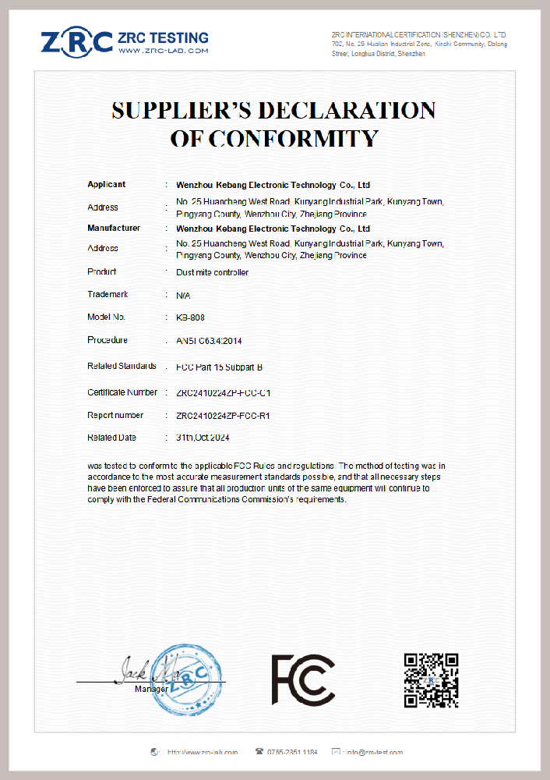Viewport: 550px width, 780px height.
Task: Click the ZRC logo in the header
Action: pos(77,41)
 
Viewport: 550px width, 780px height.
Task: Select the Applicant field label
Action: pos(107,185)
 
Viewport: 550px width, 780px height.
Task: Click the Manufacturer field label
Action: pos(114,229)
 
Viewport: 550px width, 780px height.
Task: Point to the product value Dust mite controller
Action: pos(213,272)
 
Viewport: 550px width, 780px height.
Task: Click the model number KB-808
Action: pos(190,317)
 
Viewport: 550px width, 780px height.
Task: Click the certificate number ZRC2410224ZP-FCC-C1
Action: pos(224,392)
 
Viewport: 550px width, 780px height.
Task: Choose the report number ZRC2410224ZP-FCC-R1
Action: pos(224,416)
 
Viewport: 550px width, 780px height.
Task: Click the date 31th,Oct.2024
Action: pos(203,438)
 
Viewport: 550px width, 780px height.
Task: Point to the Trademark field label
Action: pos(108,295)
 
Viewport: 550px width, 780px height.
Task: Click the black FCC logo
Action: pos(303,679)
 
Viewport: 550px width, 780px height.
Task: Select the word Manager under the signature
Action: pos(151,689)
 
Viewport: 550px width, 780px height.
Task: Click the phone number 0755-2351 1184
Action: pos(292,752)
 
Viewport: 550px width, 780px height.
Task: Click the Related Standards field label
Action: pos(122,366)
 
